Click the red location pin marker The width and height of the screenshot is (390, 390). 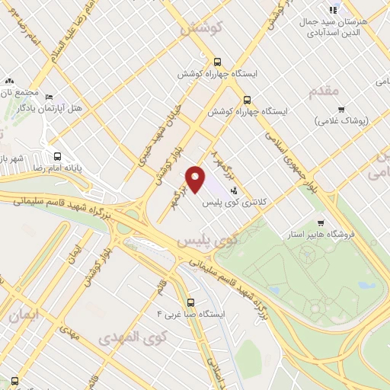[196, 179]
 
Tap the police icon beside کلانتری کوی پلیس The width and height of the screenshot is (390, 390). [233, 188]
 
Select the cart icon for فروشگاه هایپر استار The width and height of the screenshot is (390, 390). [321, 223]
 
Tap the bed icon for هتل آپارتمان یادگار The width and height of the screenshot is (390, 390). [50, 97]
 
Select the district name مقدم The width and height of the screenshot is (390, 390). [324, 91]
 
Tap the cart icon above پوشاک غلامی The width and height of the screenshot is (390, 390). [340, 109]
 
